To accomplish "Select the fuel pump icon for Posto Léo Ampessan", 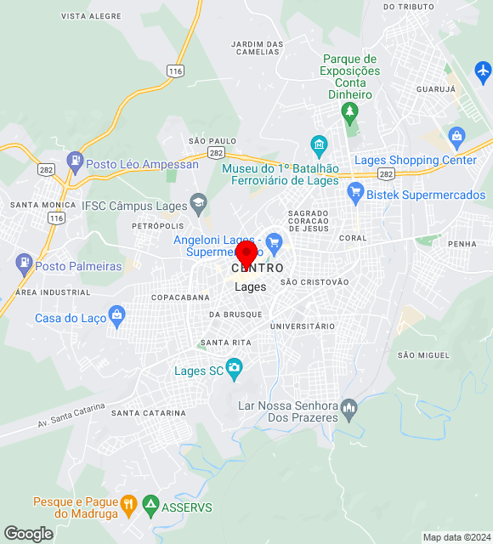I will click(x=76, y=159).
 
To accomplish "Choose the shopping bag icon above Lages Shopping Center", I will click(x=456, y=135).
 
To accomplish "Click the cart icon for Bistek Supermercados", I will click(x=355, y=194).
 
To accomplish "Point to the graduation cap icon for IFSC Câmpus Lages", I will click(x=198, y=202).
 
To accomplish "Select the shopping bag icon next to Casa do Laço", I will click(x=117, y=316).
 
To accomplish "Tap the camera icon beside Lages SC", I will click(x=235, y=367).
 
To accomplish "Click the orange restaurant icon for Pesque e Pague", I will click(x=128, y=503).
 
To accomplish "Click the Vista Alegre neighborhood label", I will click(x=91, y=16).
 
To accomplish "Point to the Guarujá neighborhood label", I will click(x=436, y=88).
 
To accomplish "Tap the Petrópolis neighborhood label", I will click(x=158, y=226).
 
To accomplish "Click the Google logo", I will click(x=28, y=534).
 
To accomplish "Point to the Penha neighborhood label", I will click(x=462, y=244).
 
